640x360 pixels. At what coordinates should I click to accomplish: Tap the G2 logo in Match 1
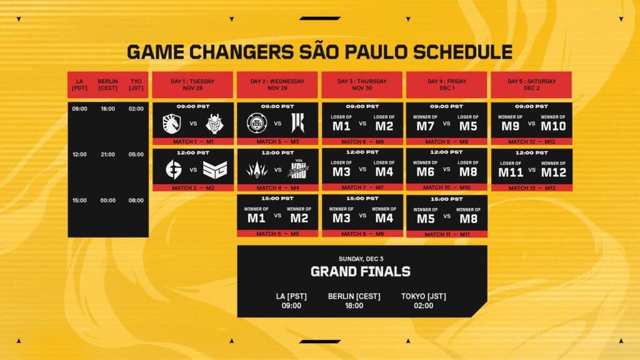(x=214, y=123)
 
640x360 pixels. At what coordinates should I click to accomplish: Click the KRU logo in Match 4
(x=298, y=169)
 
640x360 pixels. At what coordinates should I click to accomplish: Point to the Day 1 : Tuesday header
(x=193, y=84)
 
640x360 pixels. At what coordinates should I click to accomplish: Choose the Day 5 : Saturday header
(x=531, y=84)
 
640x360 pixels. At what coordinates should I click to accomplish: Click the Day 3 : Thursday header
(x=362, y=84)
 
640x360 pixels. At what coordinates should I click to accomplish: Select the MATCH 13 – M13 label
(x=531, y=187)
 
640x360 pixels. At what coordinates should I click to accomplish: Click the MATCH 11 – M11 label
(x=447, y=234)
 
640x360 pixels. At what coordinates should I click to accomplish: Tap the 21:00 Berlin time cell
(x=107, y=154)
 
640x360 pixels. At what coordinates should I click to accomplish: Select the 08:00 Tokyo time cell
(x=136, y=201)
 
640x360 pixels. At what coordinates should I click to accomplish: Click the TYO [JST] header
(x=136, y=84)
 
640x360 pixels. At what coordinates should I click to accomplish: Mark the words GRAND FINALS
(x=361, y=271)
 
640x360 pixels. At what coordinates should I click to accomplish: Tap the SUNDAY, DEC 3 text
(x=361, y=257)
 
